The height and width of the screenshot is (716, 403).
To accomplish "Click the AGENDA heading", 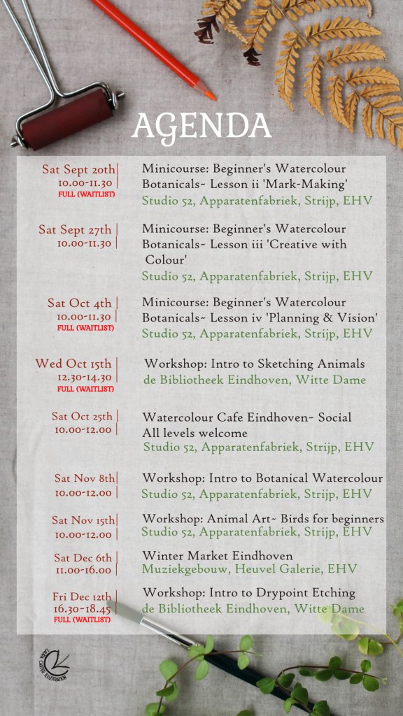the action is [201, 127].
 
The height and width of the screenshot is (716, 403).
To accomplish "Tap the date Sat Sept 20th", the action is [78, 169].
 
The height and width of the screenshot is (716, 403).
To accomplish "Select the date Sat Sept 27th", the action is [76, 229].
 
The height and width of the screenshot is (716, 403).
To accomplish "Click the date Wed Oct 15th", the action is [73, 364].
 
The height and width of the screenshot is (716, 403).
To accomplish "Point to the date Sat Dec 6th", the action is [83, 557].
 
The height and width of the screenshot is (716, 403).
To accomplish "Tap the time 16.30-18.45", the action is [82, 609].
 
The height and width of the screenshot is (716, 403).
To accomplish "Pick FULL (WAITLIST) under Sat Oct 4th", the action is [85, 327].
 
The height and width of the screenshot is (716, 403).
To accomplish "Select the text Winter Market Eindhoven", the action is [218, 556].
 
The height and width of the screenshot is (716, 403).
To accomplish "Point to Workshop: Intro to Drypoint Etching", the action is [249, 593].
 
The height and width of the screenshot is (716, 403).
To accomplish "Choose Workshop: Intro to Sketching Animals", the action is [255, 364].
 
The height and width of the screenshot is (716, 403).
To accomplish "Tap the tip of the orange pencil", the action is [211, 97].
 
